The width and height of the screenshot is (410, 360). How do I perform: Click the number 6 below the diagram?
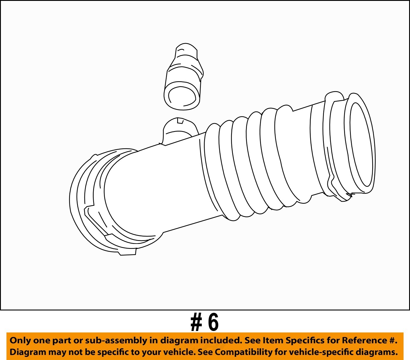coord(213,322)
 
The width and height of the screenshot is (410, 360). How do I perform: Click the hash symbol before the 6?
coord(197,322)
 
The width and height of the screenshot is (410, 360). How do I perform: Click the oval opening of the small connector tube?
coord(182,97)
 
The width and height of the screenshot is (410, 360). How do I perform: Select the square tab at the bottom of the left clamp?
coord(128,252)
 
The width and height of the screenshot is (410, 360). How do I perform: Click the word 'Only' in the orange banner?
coord(20,340)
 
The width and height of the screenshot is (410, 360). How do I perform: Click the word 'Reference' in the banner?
coord(365,340)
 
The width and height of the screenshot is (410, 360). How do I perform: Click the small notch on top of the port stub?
coord(180,120)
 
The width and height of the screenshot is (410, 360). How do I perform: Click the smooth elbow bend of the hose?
coord(138,191)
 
